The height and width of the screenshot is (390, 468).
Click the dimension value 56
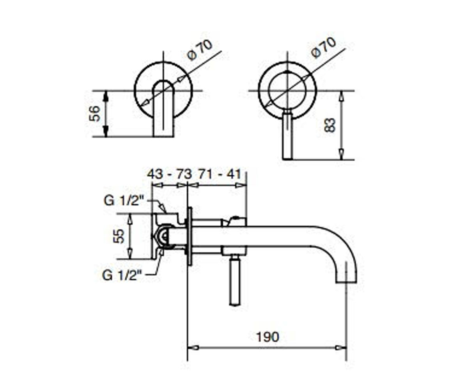pyautogui.click(x=94, y=113)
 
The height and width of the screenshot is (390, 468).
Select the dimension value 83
pyautogui.click(x=330, y=125)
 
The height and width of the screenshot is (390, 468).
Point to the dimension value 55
pyautogui.click(x=119, y=236)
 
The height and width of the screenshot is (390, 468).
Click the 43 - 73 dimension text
pyautogui.click(x=170, y=174)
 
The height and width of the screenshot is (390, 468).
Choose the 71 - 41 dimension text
pyautogui.click(x=220, y=174)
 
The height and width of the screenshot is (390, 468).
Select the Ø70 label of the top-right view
pyautogui.click(x=324, y=48)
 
